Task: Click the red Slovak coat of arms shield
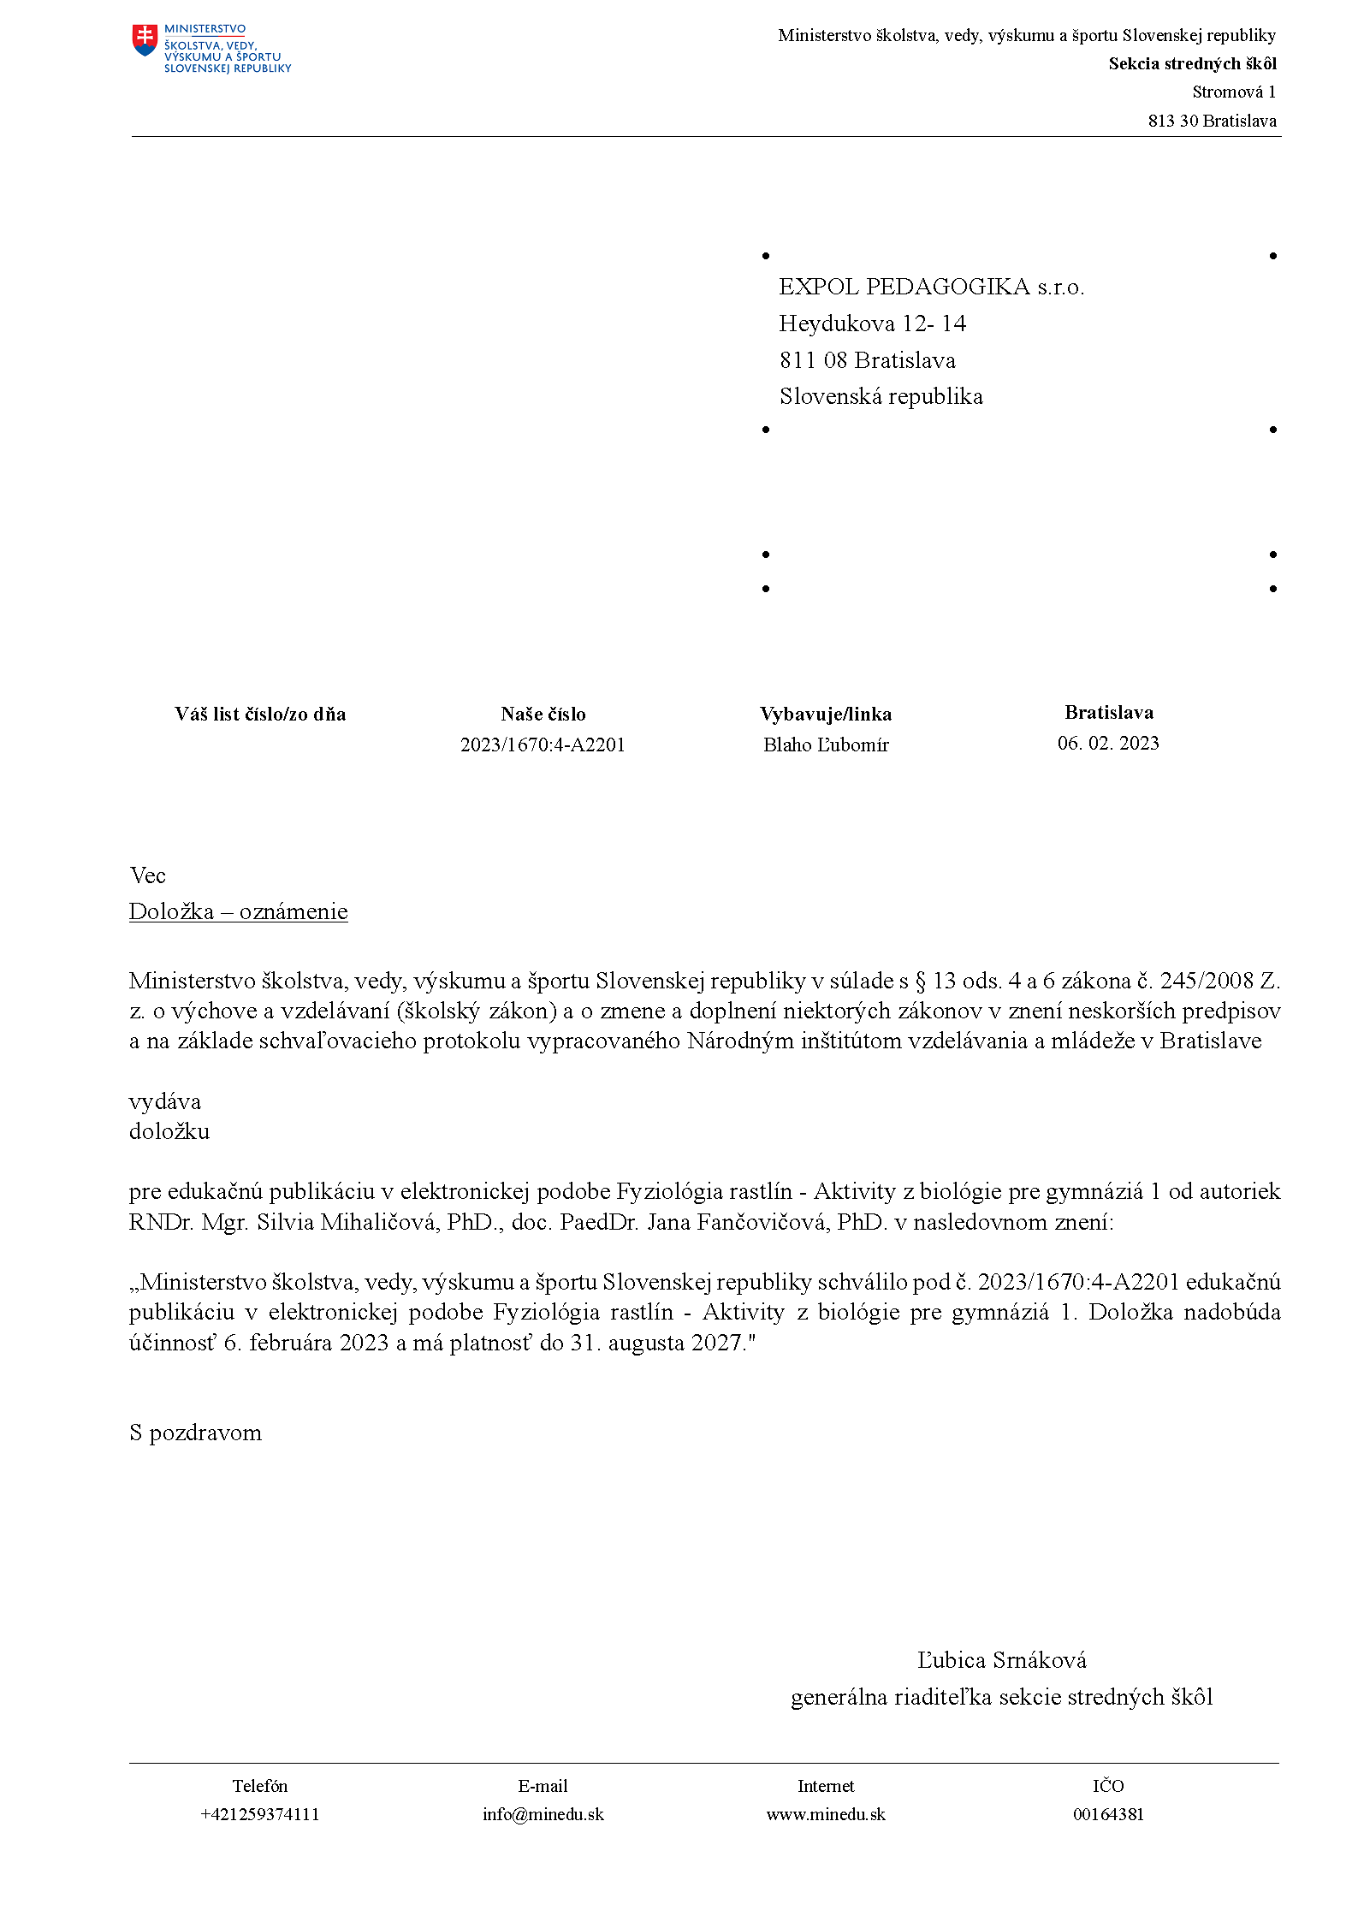pos(145,39)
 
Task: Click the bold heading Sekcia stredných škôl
pos(1192,63)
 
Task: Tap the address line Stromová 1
pos(1233,92)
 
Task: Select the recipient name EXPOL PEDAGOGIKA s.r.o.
pos(931,287)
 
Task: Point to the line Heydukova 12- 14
pos(872,323)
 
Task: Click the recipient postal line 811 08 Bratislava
pos(867,360)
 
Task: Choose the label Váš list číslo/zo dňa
pos(260,714)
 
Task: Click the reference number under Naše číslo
pos(543,744)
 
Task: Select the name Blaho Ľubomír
pos(826,744)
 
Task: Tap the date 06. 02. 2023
pos(1108,743)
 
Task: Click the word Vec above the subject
pos(147,875)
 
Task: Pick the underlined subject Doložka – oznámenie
pos(238,911)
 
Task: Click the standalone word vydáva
pos(165,1101)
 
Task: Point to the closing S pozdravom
pos(195,1433)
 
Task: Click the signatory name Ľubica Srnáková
pos(1001,1660)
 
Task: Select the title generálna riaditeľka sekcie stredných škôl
pos(1001,1697)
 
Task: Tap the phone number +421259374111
pos(259,1814)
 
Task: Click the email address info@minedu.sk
pos(543,1814)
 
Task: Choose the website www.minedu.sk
pos(826,1814)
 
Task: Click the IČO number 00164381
pos(1108,1814)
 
